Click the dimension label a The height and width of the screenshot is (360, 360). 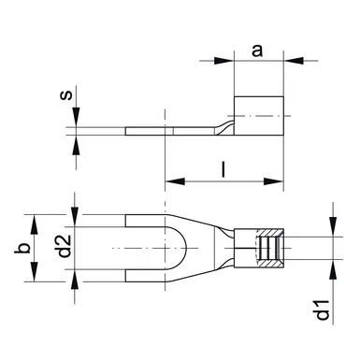[257, 50]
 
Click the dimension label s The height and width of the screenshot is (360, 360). [65, 94]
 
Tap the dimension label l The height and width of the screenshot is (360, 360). [223, 169]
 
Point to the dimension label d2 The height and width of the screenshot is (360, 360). [65, 246]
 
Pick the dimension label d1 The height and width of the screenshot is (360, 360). [323, 310]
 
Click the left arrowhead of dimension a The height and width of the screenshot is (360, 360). [223, 61]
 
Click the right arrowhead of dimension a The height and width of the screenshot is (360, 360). [294, 61]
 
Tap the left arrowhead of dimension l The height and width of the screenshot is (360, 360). [175, 181]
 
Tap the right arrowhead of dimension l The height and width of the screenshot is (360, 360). [274, 181]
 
